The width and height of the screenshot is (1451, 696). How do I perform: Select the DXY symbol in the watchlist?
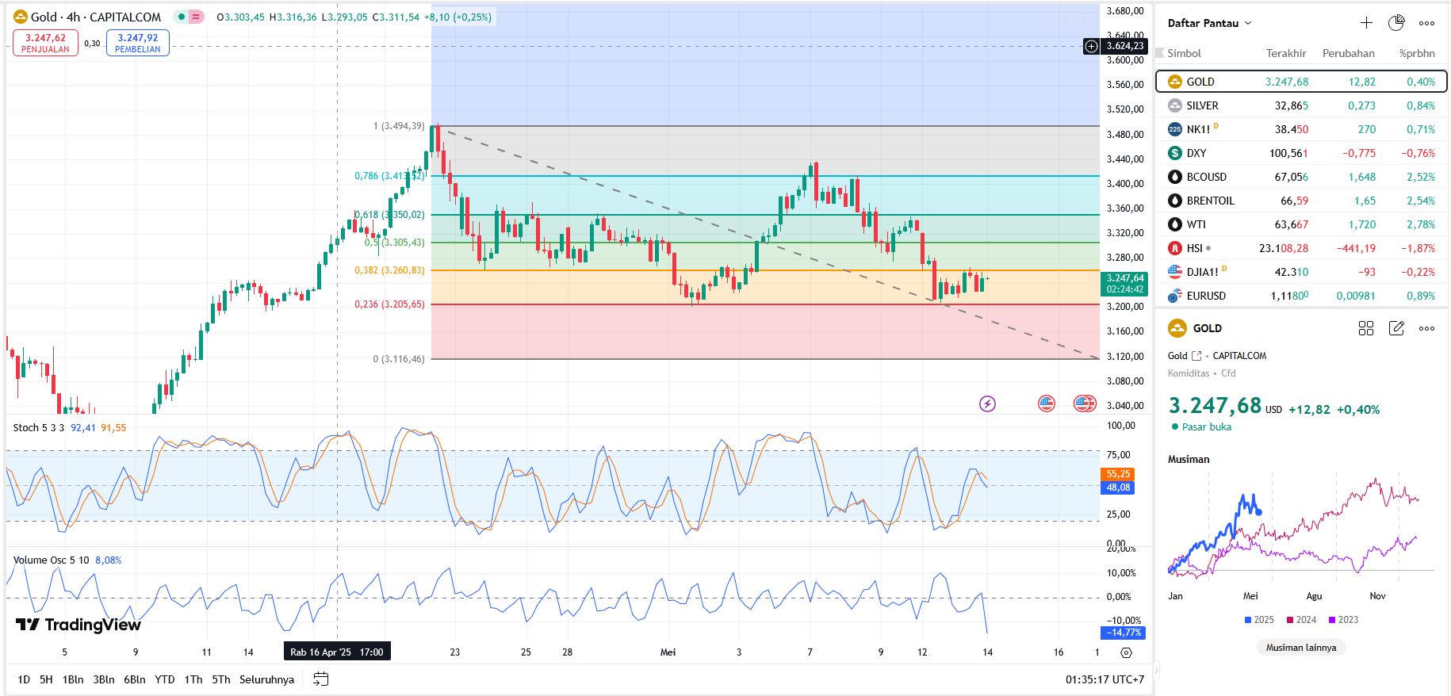1196,153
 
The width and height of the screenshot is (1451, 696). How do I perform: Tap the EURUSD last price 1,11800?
1289,296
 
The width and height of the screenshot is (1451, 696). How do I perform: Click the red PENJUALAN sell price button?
45,43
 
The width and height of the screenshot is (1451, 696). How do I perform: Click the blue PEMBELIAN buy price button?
137,43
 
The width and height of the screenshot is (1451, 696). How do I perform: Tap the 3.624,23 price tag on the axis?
1125,46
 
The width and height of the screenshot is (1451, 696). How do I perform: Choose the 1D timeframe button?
24,679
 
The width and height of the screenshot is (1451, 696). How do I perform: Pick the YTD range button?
164,679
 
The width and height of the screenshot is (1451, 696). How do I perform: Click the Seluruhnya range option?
266,679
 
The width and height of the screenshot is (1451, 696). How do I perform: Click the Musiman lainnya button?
1300,648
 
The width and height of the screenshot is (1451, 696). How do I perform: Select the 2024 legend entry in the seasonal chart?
1301,620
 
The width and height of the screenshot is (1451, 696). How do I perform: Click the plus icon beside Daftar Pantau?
1366,23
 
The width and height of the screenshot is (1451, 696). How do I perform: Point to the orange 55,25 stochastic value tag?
1118,474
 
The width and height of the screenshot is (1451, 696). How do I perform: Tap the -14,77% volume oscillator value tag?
1123,633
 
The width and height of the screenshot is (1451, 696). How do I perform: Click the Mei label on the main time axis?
668,652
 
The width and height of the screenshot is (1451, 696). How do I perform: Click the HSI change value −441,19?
1356,248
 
